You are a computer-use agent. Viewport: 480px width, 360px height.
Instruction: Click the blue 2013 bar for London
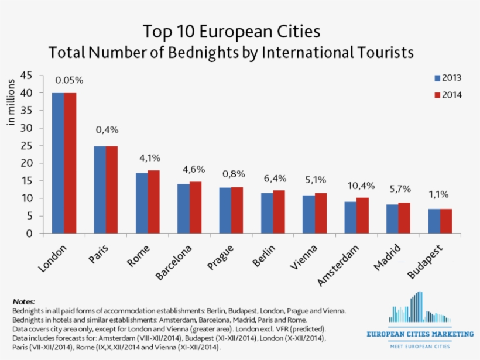click(x=58, y=163)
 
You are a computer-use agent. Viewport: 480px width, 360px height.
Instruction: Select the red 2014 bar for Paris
click(x=112, y=190)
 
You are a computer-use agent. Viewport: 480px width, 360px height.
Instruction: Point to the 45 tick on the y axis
click(x=27, y=75)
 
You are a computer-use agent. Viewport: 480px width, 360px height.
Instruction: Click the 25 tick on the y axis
click(x=27, y=145)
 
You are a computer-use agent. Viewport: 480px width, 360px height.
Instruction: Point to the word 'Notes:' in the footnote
click(x=23, y=301)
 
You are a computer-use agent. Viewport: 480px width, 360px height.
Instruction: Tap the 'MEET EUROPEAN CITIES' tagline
click(x=419, y=347)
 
